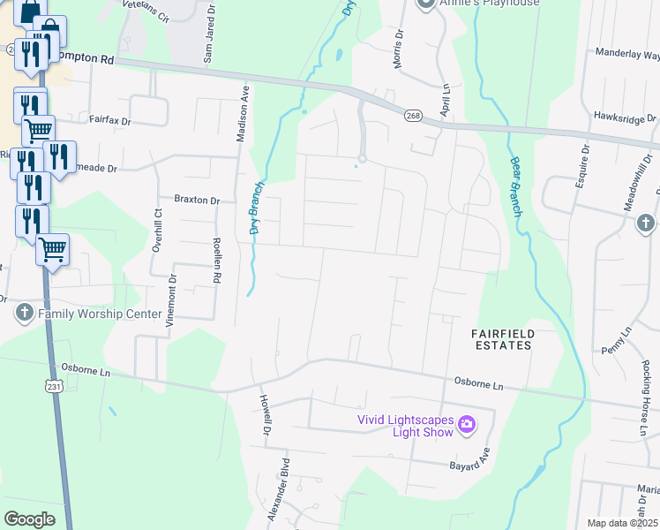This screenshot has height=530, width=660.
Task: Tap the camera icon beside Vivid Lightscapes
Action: [x=467, y=426]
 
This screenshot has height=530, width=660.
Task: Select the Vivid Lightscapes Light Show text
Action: [x=405, y=426]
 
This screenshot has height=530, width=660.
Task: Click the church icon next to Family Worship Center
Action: [x=24, y=313]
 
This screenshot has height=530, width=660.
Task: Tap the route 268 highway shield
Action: [x=413, y=115]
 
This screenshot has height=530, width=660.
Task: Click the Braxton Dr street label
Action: [x=197, y=201]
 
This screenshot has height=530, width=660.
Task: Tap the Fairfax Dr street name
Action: [x=109, y=119]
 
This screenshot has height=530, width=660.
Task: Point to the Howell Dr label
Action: [x=263, y=416]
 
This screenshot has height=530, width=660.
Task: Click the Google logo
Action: [x=29, y=519]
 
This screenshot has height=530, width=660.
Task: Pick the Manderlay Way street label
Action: [x=630, y=54]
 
